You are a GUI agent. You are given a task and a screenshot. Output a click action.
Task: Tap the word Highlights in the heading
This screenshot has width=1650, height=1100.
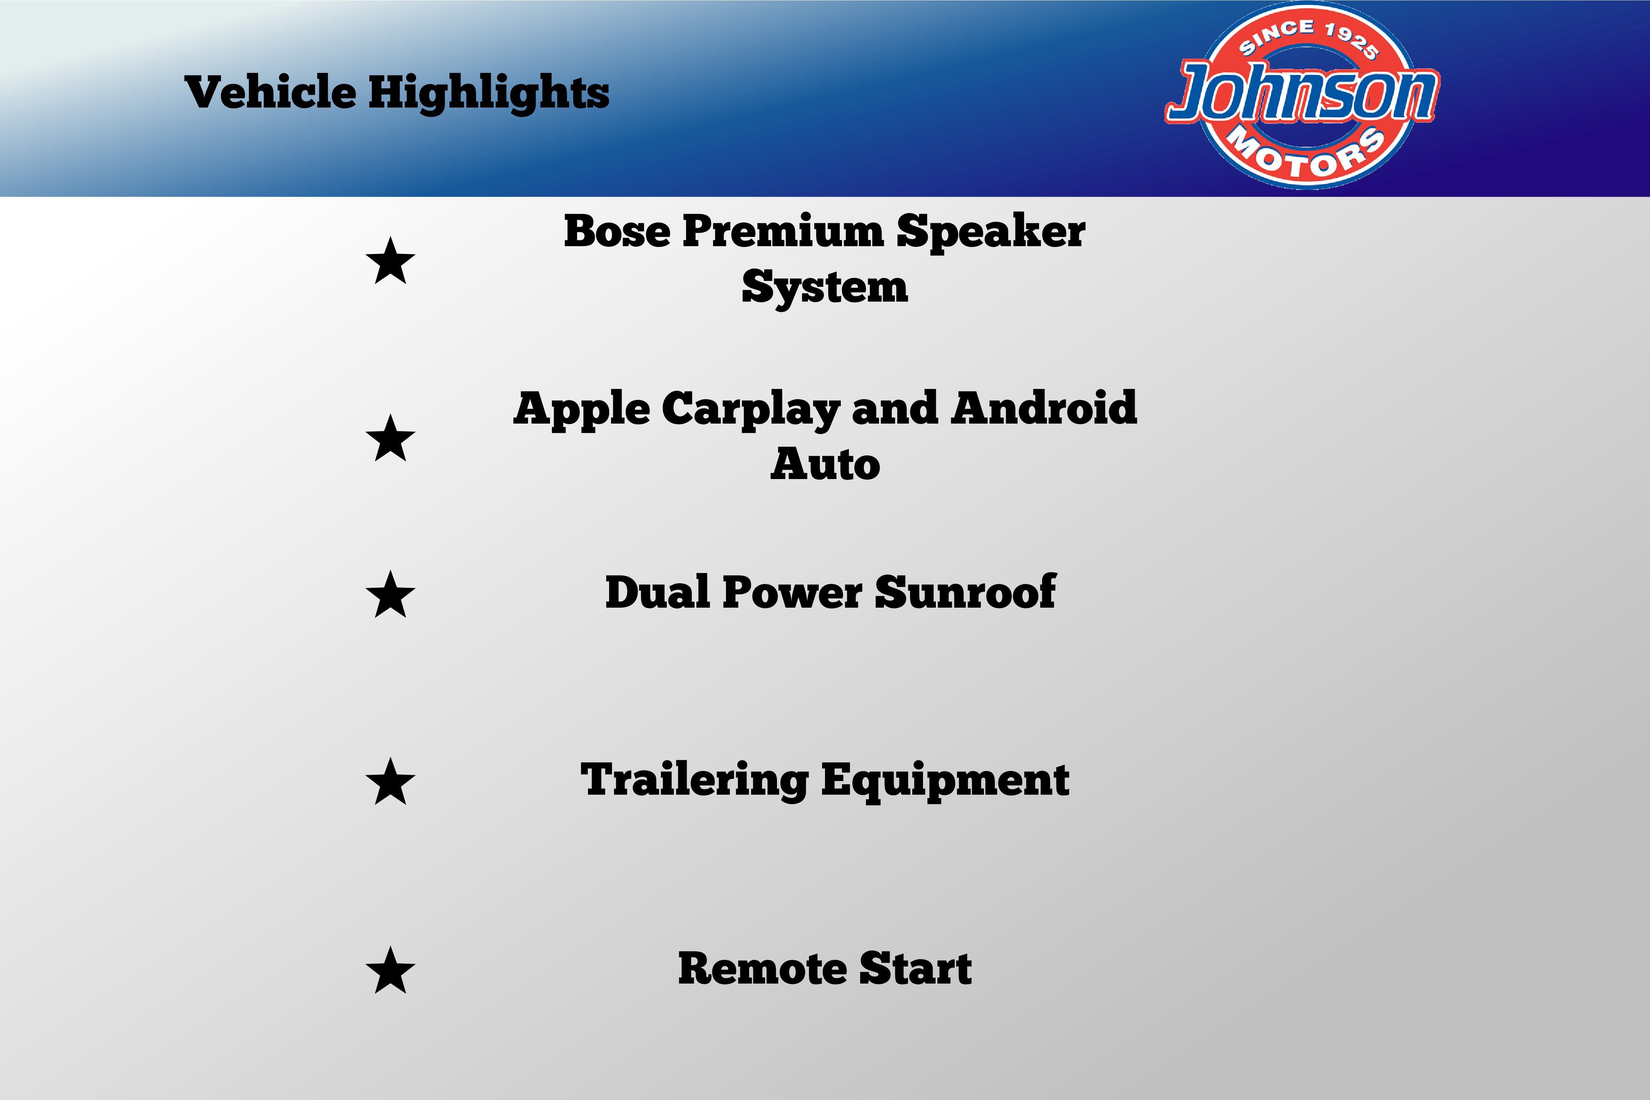tap(489, 93)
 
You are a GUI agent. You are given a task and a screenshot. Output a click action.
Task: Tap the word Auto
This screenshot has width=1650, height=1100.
tap(825, 464)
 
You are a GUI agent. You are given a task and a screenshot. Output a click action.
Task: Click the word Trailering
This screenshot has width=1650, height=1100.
tap(695, 781)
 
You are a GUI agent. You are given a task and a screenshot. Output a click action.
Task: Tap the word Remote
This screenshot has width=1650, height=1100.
tap(763, 969)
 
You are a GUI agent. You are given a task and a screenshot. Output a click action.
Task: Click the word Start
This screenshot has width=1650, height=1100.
tap(916, 969)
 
